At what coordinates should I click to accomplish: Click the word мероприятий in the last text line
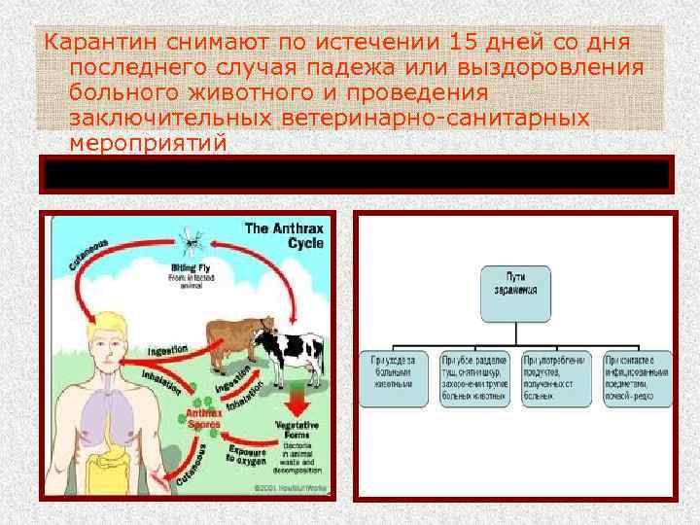click(149, 144)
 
